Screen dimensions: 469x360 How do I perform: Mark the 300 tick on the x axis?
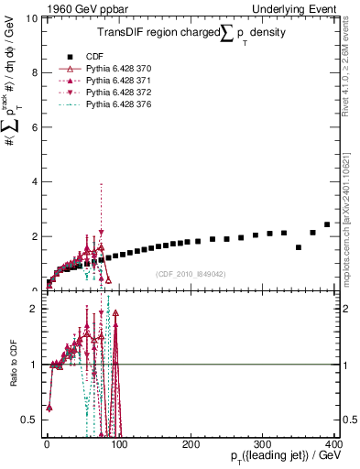pyautogui.click(x=264, y=444)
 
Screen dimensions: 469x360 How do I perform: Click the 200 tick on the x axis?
pyautogui.click(x=191, y=444)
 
